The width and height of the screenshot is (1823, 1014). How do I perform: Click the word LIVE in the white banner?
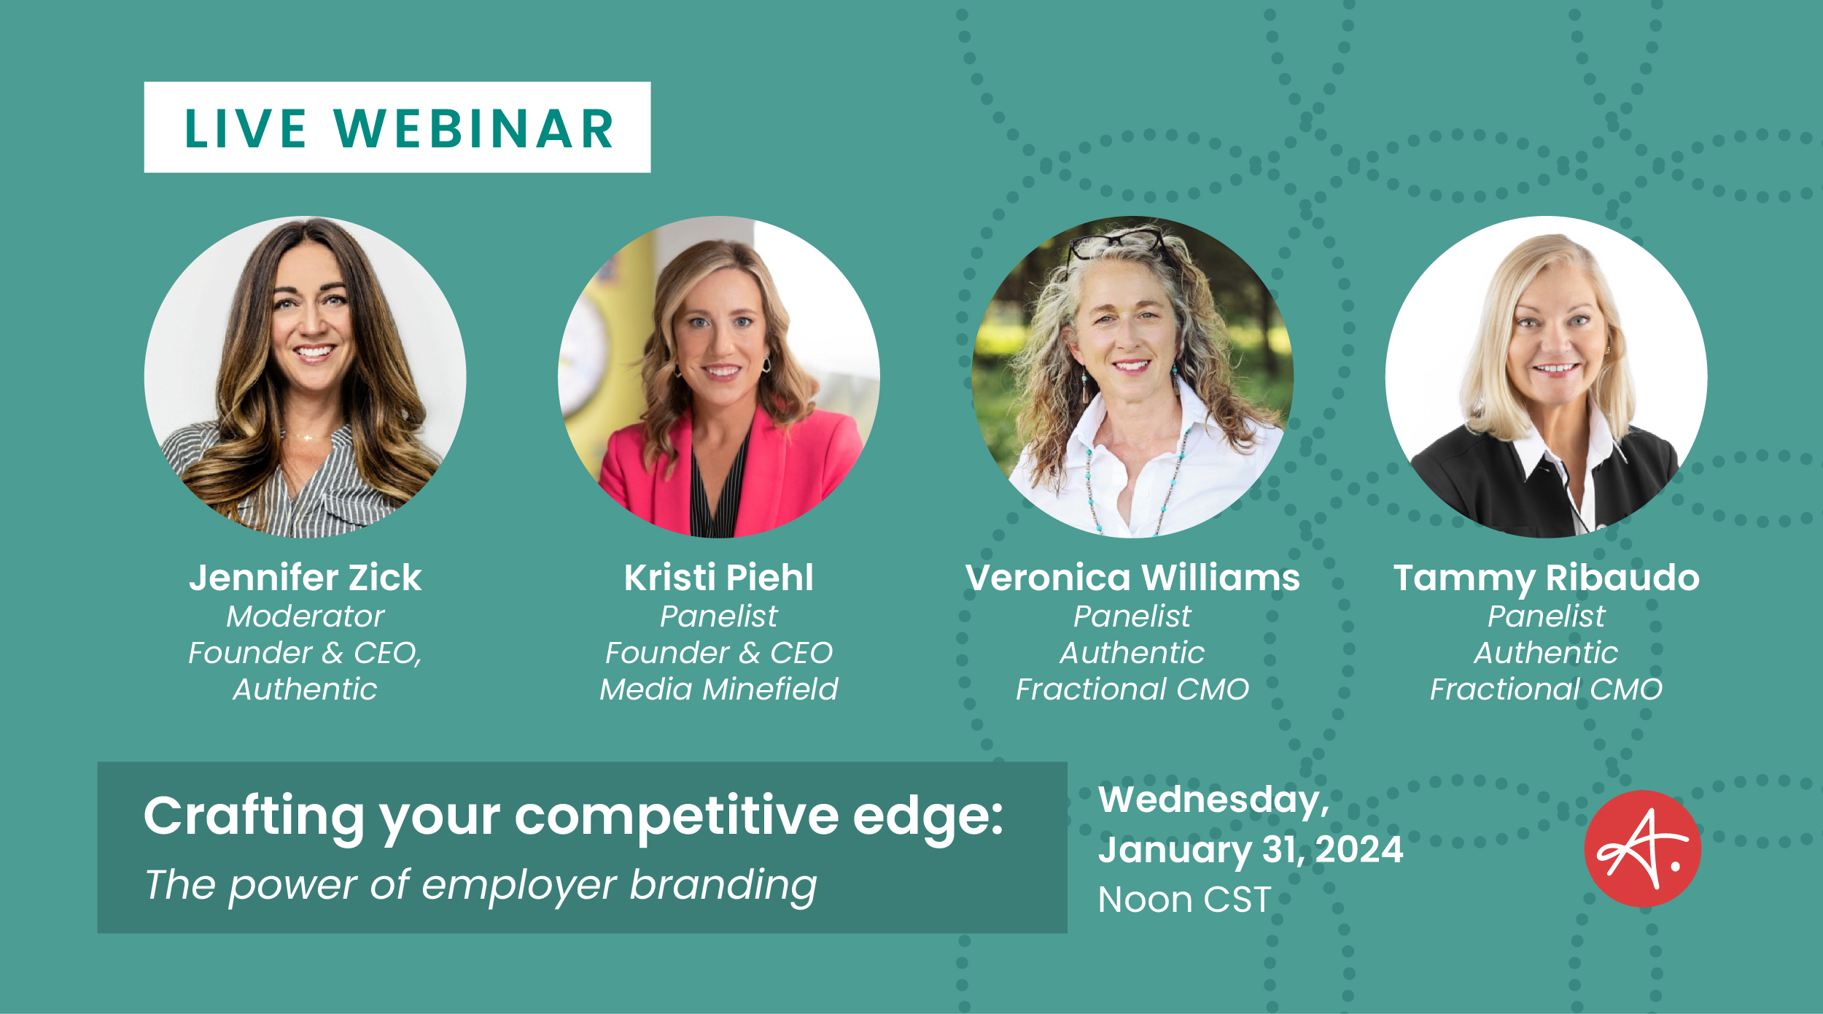coord(245,129)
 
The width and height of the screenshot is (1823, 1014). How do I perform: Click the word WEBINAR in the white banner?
coord(475,129)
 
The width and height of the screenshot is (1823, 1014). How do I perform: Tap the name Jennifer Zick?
coord(305,578)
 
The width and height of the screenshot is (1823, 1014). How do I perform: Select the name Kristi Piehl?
coord(718,578)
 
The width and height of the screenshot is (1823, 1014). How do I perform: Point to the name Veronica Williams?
coord(1132,578)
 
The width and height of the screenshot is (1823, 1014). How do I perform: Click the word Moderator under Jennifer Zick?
coord(305,616)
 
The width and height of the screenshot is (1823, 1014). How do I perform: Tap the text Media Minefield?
coord(718,689)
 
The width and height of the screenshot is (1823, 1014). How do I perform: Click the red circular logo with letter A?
coord(1642,848)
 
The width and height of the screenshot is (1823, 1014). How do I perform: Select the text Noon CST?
coord(1185,899)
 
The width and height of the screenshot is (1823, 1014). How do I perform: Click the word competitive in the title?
coord(676,818)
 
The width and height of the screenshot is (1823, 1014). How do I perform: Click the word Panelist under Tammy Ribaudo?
coord(1546,616)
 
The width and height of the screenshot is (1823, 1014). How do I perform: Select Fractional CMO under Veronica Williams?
coord(1132,689)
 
